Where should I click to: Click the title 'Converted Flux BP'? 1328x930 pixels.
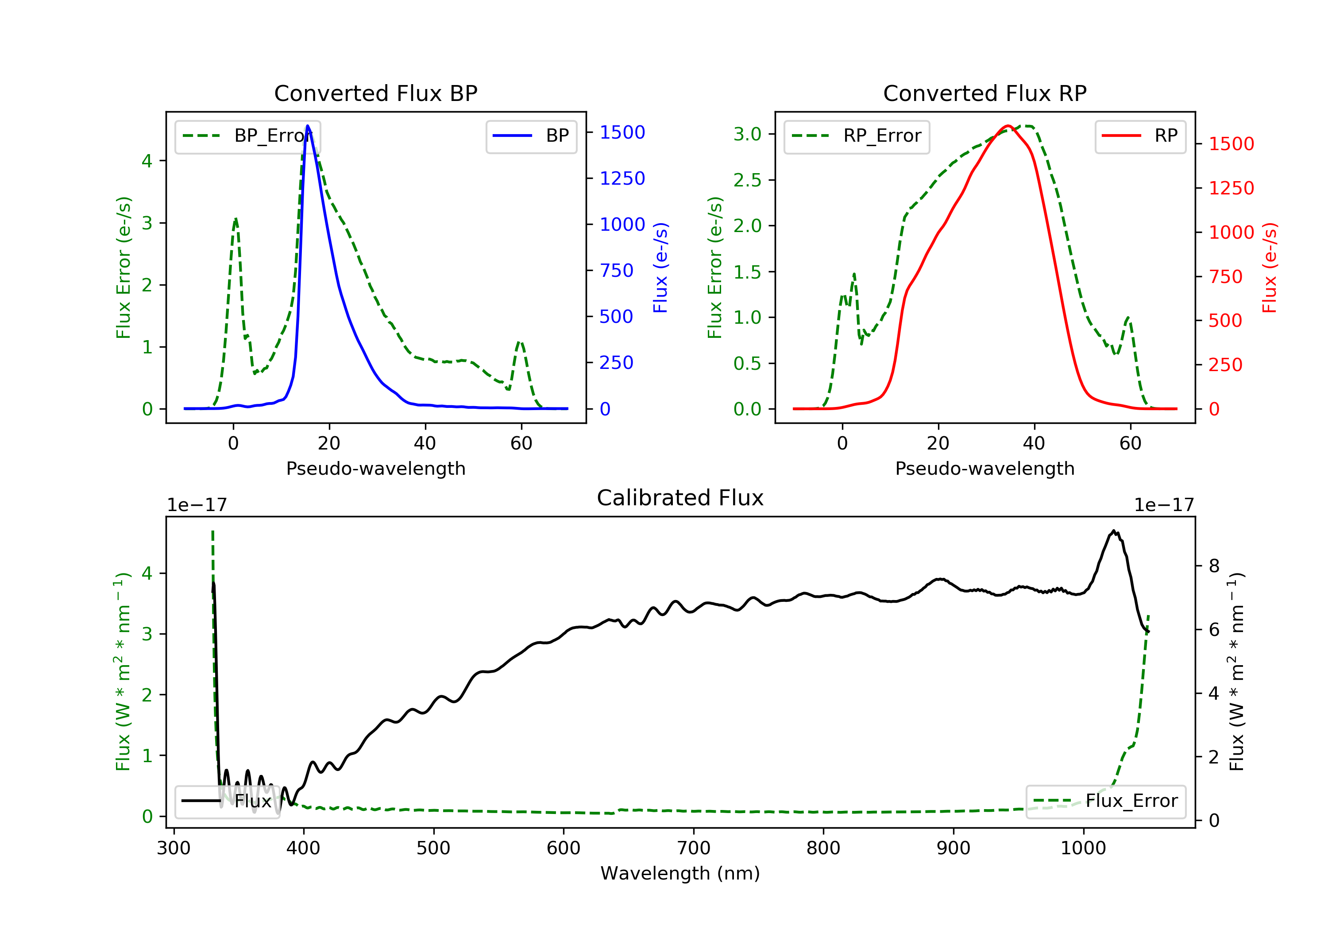375,93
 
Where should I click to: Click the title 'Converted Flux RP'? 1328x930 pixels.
984,93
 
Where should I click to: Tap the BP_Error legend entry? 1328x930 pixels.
247,136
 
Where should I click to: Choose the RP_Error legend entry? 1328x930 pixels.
857,136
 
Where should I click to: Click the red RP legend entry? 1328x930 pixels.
1140,136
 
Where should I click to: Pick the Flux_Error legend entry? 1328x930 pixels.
1105,801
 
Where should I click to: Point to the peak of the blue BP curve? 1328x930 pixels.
308,126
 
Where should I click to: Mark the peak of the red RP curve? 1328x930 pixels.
1008,126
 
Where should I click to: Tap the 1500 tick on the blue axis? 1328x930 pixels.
622,132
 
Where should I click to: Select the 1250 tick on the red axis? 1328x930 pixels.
1231,188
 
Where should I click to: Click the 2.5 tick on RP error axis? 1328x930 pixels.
747,180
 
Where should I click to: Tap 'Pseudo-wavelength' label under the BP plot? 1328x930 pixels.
375,468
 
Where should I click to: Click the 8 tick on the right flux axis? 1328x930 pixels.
1215,566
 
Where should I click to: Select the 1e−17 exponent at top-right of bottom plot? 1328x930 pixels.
1164,505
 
